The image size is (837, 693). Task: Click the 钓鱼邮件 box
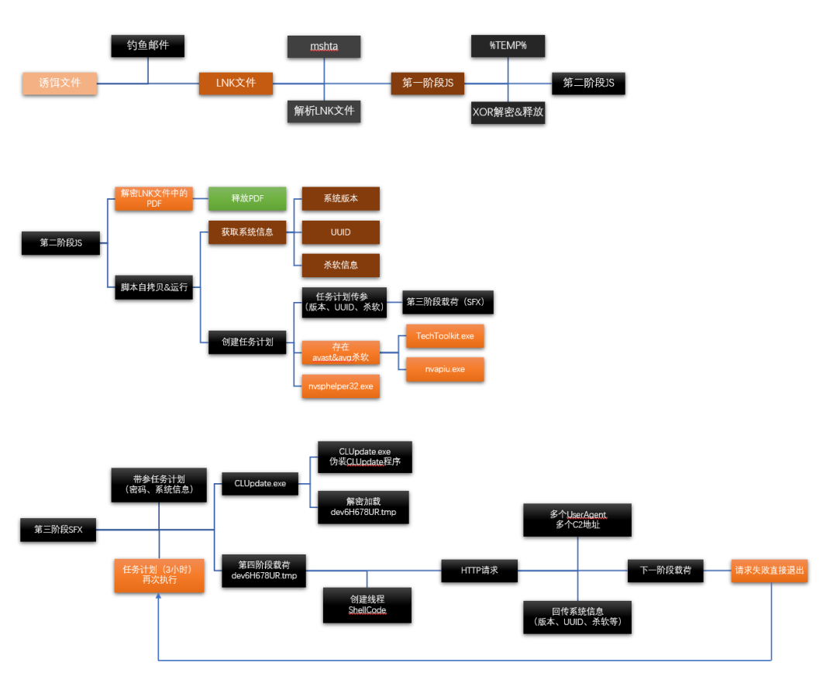(148, 46)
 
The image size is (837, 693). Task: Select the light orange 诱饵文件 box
(60, 82)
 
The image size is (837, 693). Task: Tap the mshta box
(324, 46)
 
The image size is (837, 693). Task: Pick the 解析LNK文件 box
(324, 111)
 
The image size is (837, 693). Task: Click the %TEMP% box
(508, 46)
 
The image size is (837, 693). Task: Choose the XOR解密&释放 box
(508, 111)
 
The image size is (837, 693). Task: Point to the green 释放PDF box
(247, 198)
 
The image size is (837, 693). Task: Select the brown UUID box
(341, 232)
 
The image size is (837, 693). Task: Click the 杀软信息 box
(341, 265)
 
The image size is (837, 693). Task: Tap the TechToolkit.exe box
(445, 336)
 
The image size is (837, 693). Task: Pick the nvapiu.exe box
(445, 369)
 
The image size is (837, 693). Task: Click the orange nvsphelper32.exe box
(341, 386)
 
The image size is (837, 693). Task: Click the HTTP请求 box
(479, 571)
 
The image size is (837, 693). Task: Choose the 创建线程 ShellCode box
(367, 604)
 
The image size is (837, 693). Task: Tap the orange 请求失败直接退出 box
(770, 571)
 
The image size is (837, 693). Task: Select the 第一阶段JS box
(428, 82)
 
